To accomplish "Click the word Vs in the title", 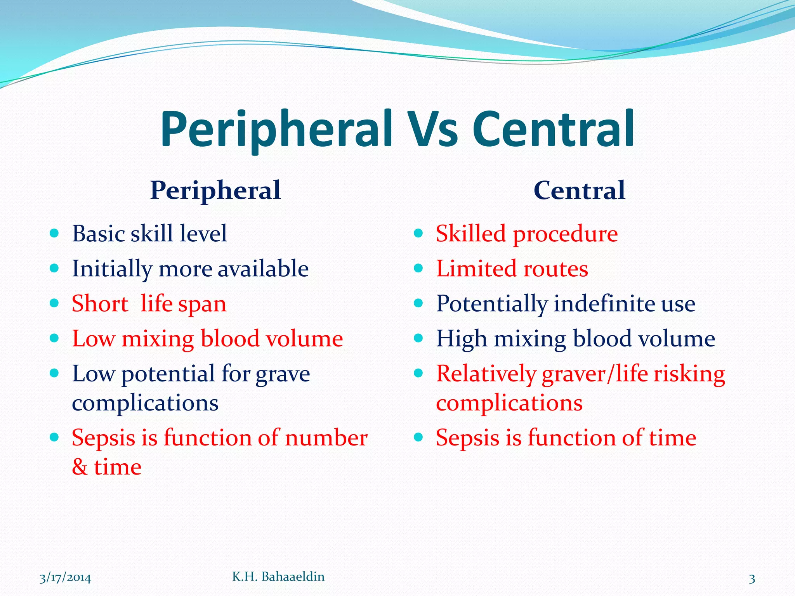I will [x=434, y=130].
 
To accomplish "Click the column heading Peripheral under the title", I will [x=215, y=191].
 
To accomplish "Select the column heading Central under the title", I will [x=579, y=191].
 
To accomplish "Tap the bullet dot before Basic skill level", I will [x=54, y=233].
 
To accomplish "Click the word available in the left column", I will [x=263, y=269].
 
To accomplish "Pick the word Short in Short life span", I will [x=100, y=303].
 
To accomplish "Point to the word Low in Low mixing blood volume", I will [x=94, y=338].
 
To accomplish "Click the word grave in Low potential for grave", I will [x=283, y=374].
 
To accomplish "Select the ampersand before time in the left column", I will [x=80, y=467].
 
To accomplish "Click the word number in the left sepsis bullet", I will [x=326, y=438].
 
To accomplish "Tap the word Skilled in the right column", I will [x=470, y=234].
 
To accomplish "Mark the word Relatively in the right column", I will [x=486, y=374].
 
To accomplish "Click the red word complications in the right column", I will [x=509, y=403].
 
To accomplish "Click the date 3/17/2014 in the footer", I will [x=65, y=578].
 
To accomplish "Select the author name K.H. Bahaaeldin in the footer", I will [x=278, y=577].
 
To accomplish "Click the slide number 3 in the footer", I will [x=752, y=579].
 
